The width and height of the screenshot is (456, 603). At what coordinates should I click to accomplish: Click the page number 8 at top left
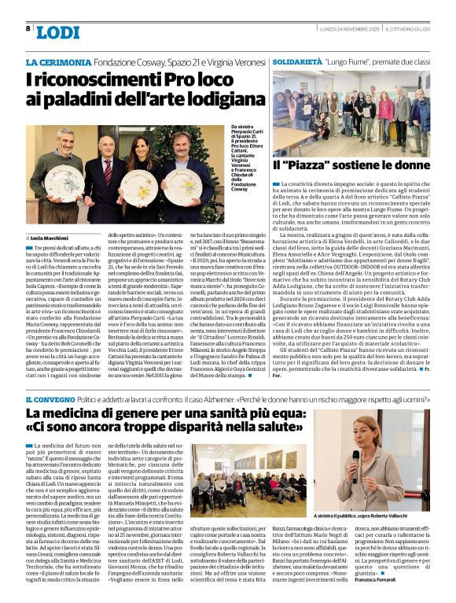click(x=28, y=28)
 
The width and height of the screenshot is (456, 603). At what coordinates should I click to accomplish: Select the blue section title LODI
click(x=58, y=32)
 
